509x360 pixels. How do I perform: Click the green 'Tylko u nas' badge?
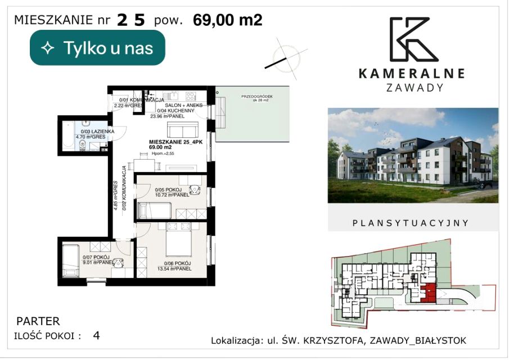tap(97, 48)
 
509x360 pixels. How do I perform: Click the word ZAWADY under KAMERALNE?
tap(416, 88)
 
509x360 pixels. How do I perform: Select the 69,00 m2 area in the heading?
tap(227, 20)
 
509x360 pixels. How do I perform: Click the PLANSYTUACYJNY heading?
tap(411, 223)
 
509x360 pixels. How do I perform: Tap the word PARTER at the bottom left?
tap(38, 322)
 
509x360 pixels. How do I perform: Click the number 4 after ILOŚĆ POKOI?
tap(97, 336)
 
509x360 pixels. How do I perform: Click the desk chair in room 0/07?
tap(118, 262)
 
